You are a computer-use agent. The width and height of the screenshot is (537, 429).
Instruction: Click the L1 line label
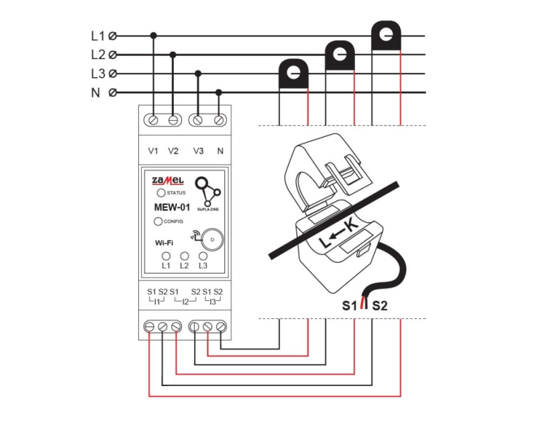98,36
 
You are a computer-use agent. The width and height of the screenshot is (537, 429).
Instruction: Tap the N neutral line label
95,93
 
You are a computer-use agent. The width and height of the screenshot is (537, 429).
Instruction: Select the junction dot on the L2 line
173,55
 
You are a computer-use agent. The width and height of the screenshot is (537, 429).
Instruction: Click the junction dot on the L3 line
197,74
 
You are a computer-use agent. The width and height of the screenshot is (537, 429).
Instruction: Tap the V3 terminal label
198,151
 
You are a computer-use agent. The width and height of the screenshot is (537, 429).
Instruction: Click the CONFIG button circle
158,221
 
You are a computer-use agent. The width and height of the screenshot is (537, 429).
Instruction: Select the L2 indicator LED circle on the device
184,256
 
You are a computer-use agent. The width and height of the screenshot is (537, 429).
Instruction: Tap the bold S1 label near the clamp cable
348,306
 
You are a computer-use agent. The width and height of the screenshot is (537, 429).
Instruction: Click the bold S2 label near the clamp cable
380,306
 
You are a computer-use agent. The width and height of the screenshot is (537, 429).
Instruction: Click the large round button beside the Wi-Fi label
213,239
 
